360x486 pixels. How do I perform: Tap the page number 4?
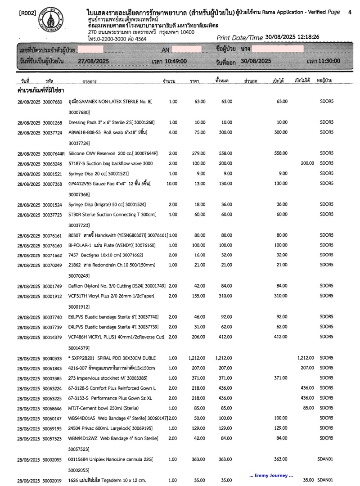[350, 13]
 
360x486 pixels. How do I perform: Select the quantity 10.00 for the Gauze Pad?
[172, 184]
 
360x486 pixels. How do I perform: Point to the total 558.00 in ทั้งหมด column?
[223, 153]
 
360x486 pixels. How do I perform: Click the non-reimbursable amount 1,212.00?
[305, 358]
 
